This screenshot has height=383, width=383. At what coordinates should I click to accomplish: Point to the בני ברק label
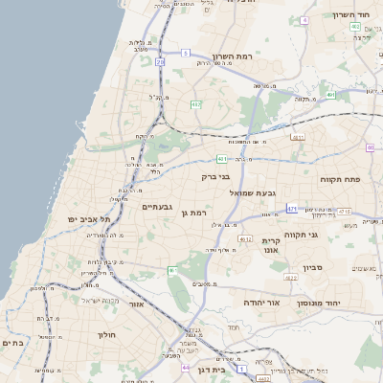coord(216,176)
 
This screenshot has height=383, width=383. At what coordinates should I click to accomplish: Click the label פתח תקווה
coord(339,179)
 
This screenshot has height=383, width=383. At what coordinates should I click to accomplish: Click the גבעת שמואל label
coord(253,192)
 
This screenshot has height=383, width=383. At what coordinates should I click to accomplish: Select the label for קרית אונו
coord(271,245)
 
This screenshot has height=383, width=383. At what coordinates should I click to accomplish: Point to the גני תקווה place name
coord(327,235)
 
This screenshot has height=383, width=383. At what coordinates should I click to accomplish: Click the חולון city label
coord(105,334)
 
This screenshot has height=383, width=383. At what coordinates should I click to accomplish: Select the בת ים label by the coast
coord(12,343)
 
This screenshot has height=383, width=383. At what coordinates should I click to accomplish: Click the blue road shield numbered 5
coord(185,53)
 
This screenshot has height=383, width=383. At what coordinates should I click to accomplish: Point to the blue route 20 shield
coord(160,61)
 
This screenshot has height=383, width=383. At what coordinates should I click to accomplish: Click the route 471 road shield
coord(291,208)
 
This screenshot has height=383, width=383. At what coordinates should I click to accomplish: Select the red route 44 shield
coord(185,367)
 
